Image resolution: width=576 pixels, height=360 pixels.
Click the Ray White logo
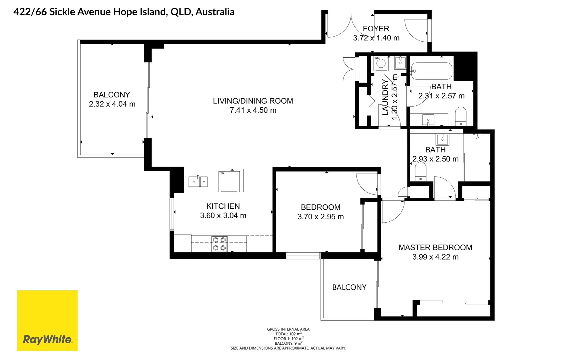tap(47, 320)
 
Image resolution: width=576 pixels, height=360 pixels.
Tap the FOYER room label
tap(376, 29)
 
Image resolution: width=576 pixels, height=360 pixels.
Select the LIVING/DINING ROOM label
tap(253, 101)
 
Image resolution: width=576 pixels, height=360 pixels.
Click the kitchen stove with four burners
tap(219, 244)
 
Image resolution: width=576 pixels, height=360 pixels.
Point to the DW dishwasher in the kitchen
tap(229, 181)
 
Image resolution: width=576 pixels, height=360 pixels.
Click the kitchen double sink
tap(198, 181)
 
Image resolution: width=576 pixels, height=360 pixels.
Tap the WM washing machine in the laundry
tap(380, 63)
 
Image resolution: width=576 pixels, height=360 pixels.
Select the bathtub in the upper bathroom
tap(431, 71)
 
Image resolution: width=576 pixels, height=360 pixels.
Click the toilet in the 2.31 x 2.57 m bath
tap(461, 116)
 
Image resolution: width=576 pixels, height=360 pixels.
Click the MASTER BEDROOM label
tap(435, 247)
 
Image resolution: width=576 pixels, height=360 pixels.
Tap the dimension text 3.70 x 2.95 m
tap(320, 217)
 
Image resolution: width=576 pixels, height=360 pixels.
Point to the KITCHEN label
tap(223, 206)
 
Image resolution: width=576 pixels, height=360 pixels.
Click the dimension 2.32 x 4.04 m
tap(112, 104)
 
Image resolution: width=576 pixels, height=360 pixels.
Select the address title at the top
tap(124, 12)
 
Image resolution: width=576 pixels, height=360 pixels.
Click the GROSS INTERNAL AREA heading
tap(288, 329)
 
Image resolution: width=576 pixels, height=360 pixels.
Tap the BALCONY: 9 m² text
tap(288, 343)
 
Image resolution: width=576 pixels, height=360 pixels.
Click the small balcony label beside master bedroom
tap(349, 287)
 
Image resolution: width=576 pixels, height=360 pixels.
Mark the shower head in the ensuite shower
tap(478, 136)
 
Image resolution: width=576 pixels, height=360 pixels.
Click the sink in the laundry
tap(400, 62)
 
